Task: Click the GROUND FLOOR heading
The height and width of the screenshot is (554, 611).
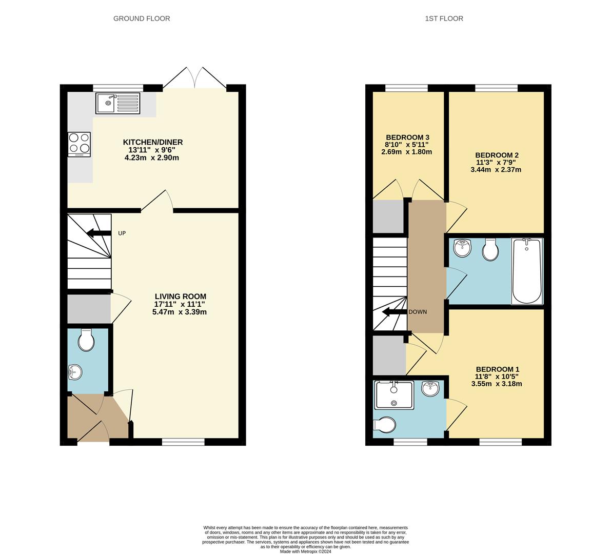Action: tap(142, 18)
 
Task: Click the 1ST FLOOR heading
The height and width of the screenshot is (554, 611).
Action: tap(444, 18)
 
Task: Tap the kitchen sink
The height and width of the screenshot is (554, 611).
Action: tap(117, 103)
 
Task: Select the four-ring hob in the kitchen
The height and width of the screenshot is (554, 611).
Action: tap(79, 145)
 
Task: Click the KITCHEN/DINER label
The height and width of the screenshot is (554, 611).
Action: tap(152, 142)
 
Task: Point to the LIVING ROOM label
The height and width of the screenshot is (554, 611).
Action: tap(181, 296)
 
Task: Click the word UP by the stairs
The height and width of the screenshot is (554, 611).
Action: tap(122, 233)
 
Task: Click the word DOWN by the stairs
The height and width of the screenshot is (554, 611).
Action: tap(417, 312)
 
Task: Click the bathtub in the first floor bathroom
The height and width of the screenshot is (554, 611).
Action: tap(526, 271)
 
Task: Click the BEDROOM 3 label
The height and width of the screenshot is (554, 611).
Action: tap(407, 137)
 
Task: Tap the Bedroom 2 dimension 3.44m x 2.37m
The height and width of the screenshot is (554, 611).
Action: tap(496, 170)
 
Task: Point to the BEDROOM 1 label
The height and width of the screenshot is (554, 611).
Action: tap(497, 369)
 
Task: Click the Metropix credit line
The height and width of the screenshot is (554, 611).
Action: tap(306, 551)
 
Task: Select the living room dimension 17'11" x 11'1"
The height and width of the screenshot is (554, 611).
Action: tap(179, 304)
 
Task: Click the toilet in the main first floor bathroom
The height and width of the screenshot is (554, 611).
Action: tap(490, 250)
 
